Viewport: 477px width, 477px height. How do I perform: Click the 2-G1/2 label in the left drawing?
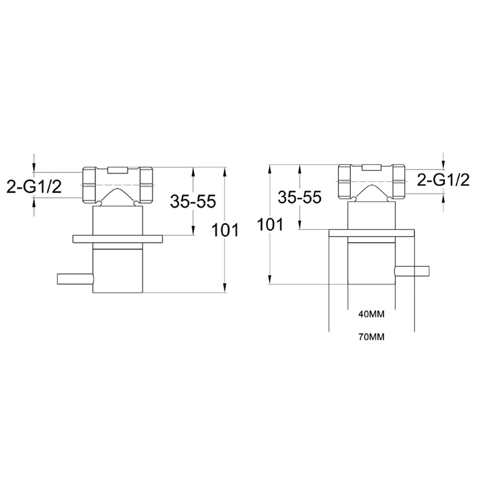pyautogui.click(x=34, y=187)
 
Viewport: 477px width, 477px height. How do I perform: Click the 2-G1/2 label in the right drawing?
pyautogui.click(x=443, y=180)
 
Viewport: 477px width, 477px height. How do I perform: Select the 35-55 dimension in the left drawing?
pyautogui.click(x=193, y=202)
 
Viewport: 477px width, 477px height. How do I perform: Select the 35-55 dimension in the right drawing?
pyautogui.click(x=299, y=197)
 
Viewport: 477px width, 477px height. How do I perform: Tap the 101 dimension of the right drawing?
pyautogui.click(x=270, y=224)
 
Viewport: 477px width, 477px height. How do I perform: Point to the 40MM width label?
pyautogui.click(x=371, y=314)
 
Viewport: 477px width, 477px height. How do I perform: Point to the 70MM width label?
pyautogui.click(x=371, y=337)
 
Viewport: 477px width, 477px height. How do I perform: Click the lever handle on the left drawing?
pyautogui.click(x=74, y=278)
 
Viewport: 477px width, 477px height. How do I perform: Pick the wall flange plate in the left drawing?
pyautogui.click(x=117, y=238)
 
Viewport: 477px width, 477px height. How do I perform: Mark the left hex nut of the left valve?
pyautogui.click(x=91, y=184)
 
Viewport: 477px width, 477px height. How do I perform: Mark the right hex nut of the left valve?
pyautogui.click(x=146, y=184)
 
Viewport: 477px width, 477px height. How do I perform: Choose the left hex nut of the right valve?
pyautogui.click(x=345, y=181)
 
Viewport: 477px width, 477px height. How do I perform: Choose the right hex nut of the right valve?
pyautogui.click(x=398, y=181)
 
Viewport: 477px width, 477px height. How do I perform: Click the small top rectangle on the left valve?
pyautogui.click(x=118, y=169)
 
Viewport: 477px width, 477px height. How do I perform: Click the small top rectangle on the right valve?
pyautogui.click(x=372, y=166)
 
